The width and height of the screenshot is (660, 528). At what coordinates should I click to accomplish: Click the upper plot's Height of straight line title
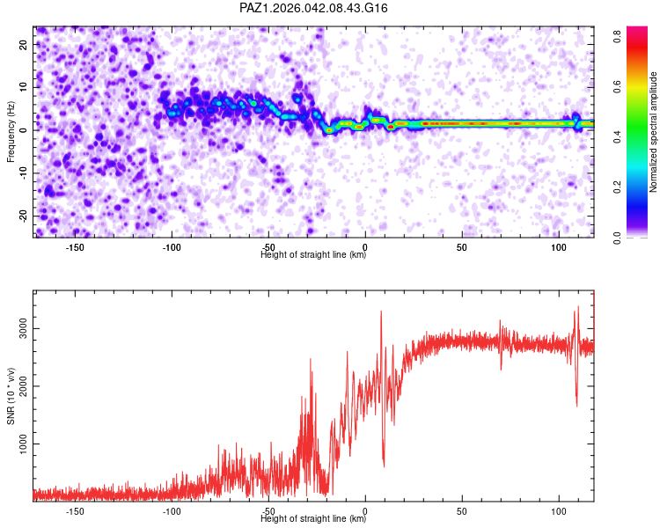(x=313, y=254)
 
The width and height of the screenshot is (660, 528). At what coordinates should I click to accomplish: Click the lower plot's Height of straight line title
(x=313, y=518)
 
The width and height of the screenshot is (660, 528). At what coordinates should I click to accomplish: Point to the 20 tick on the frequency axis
(x=24, y=44)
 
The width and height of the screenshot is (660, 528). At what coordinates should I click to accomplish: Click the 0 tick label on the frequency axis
(x=24, y=129)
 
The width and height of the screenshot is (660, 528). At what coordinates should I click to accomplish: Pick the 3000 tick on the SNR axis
(x=24, y=328)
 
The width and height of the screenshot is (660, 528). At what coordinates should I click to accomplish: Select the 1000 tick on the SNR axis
(x=24, y=444)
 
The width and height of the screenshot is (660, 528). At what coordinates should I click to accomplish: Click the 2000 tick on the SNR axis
(x=24, y=386)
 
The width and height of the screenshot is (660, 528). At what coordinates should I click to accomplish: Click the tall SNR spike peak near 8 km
(x=381, y=312)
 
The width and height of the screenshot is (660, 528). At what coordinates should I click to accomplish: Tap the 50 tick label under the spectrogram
(x=461, y=247)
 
